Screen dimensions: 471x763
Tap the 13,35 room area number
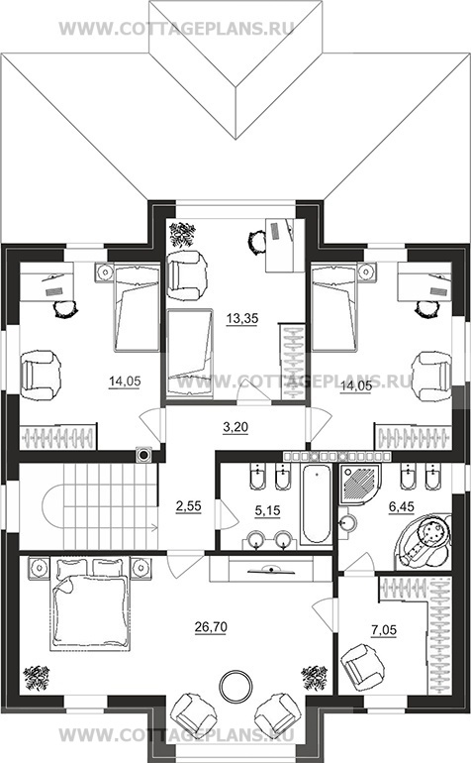242,319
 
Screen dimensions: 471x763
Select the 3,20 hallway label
235,427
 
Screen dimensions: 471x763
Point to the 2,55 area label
188,506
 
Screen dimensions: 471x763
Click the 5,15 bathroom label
268,510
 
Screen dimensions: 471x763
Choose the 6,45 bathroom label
401,507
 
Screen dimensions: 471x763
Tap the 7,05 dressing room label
384,630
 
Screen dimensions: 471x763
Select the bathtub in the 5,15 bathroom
316,504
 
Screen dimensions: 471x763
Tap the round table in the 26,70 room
236,686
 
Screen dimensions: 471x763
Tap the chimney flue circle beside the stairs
143,455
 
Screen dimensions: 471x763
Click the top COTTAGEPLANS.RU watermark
176,28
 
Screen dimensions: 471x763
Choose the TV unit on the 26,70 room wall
261,569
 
